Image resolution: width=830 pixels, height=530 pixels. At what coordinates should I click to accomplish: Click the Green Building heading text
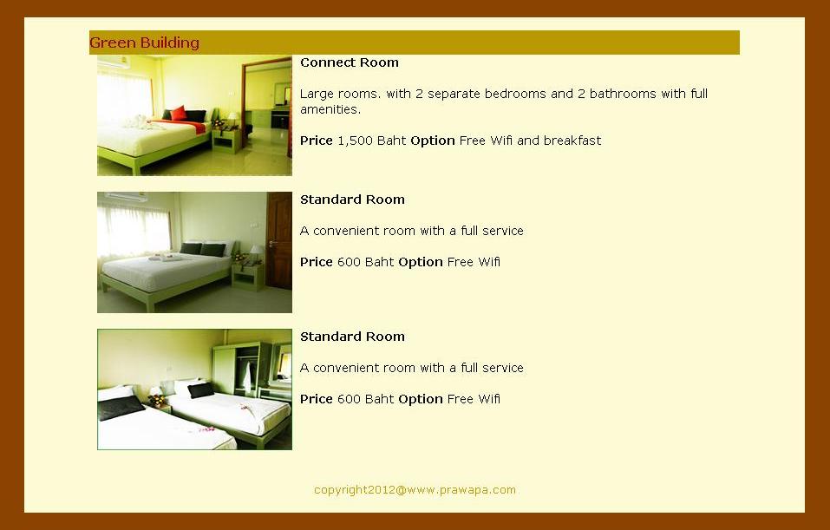tap(144, 43)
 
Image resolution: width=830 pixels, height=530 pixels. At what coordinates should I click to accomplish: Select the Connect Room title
tap(350, 62)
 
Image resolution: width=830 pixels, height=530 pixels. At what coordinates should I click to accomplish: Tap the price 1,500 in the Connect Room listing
tap(356, 141)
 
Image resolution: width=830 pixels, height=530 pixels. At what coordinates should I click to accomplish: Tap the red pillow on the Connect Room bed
tap(179, 114)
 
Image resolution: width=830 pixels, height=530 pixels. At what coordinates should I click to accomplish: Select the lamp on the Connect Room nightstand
tap(233, 119)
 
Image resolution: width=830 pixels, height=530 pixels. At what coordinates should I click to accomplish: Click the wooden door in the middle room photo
tap(279, 241)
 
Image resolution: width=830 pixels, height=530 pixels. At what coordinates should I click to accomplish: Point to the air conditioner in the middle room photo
tap(126, 197)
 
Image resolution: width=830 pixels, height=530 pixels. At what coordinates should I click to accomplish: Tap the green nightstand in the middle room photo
tap(248, 277)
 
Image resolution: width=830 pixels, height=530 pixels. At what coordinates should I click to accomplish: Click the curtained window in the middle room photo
tap(134, 231)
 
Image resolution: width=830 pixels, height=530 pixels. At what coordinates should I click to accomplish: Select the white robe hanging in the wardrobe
tap(247, 376)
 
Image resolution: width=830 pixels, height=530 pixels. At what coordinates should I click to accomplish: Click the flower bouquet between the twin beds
tap(157, 400)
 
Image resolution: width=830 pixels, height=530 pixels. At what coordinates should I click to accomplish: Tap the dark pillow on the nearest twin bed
tap(121, 408)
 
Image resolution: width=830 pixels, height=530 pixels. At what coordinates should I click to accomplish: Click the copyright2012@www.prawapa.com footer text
tap(415, 490)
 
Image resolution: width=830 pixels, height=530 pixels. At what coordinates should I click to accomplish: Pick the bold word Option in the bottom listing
tap(421, 399)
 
